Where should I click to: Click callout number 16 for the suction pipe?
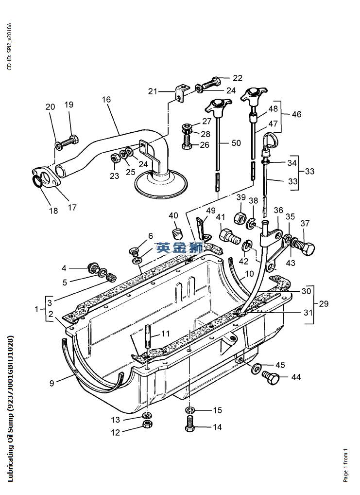pos(106,100)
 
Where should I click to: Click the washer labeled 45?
pos(256,369)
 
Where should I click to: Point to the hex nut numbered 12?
pos(146,425)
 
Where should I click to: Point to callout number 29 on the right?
pos(324,304)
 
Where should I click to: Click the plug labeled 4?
pos(91,267)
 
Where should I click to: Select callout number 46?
pos(296,114)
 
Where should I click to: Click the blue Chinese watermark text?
pos(180,247)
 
